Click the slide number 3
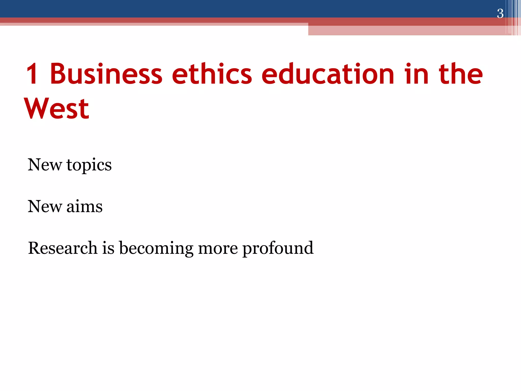click(500, 13)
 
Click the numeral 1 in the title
click(33, 74)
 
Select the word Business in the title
click(106, 74)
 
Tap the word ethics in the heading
click(212, 74)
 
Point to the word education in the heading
click(328, 74)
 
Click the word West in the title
click(56, 108)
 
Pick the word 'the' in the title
click(460, 74)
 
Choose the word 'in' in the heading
click(416, 74)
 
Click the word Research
click(63, 248)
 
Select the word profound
click(278, 248)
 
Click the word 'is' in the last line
click(108, 248)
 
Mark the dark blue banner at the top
click(229, 8)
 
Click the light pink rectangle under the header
click(407, 31)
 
